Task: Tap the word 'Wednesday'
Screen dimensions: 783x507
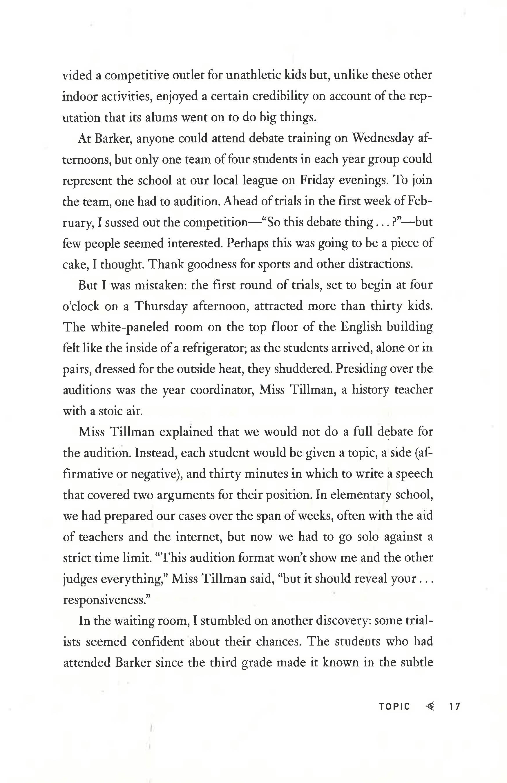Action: point(382,139)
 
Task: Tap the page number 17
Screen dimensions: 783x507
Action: point(455,707)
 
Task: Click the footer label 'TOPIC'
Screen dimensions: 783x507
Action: point(394,707)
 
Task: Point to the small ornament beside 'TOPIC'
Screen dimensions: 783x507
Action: point(429,706)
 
